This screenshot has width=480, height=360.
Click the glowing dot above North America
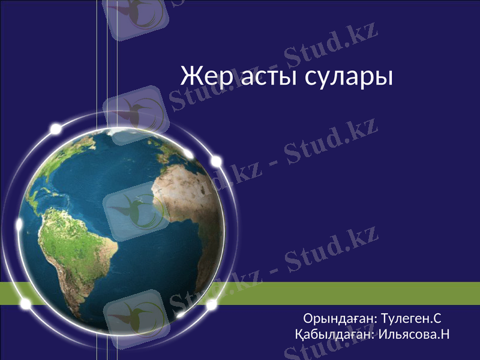point(56,128)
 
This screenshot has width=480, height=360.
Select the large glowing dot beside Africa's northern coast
point(216,161)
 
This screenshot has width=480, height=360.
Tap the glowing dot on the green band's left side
point(26,304)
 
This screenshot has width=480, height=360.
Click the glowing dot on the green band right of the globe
point(212,305)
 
